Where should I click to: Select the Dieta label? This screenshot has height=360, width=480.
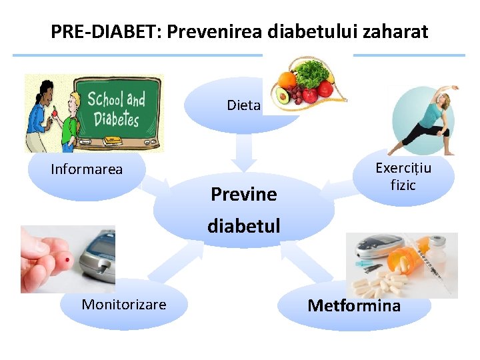[243, 105]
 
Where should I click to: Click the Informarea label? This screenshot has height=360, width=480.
[87, 169]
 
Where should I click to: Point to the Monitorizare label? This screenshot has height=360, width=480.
[124, 305]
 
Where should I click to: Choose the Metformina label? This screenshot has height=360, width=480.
[354, 306]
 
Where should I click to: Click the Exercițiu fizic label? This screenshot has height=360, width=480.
[403, 176]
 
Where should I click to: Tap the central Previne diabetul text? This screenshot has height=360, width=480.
[243, 210]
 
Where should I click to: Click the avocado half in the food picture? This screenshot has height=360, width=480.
[282, 98]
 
